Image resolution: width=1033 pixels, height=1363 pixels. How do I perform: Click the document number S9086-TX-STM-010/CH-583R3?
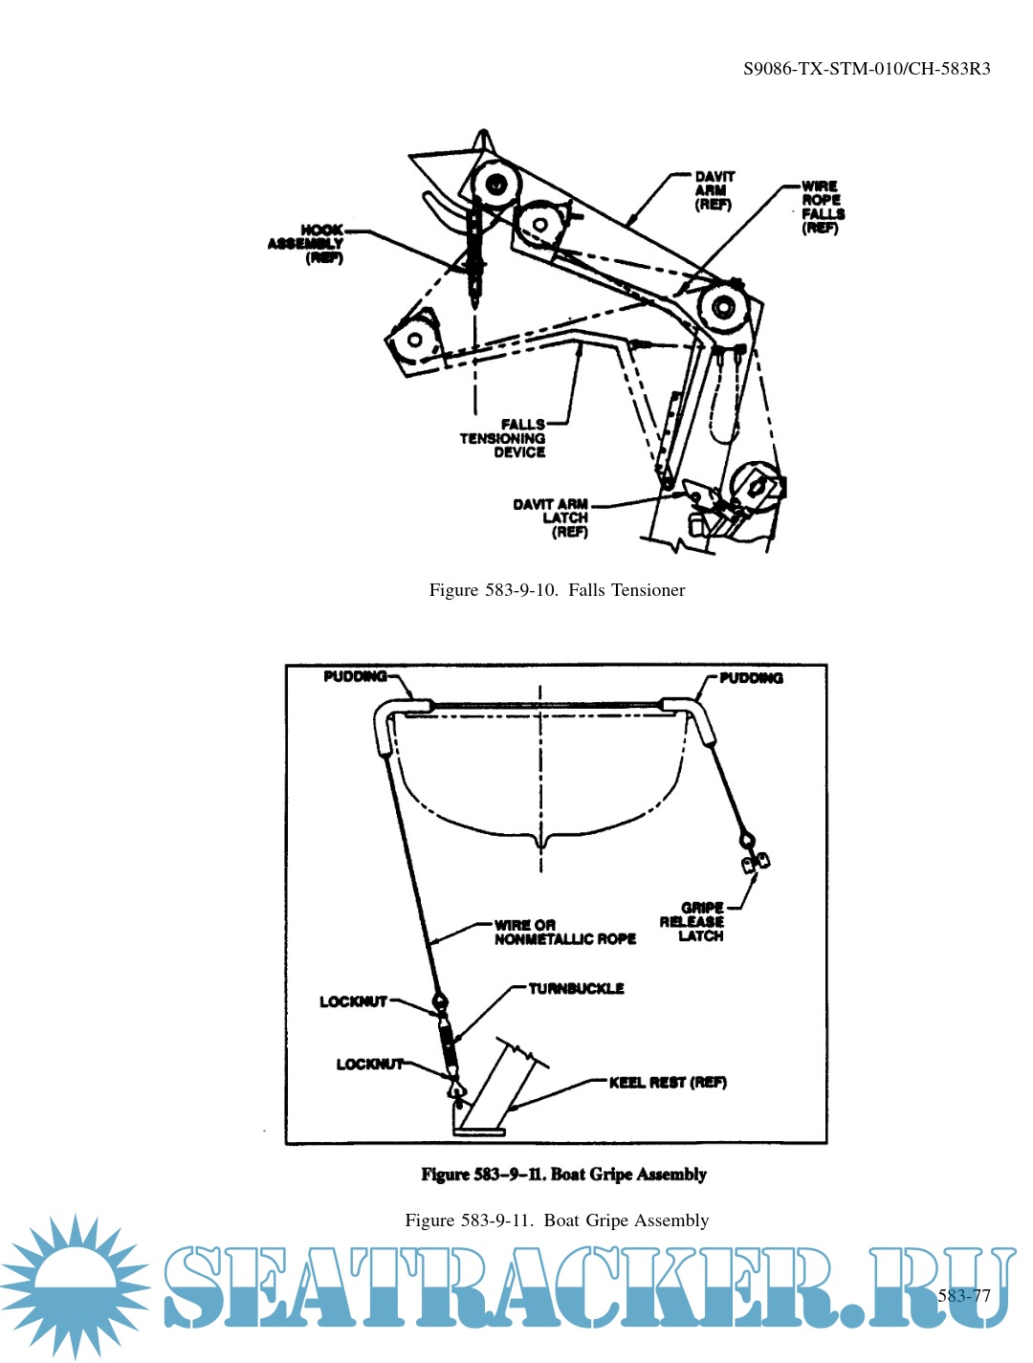pyautogui.click(x=867, y=69)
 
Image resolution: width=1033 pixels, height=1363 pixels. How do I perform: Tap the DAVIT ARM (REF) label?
pyautogui.click(x=714, y=190)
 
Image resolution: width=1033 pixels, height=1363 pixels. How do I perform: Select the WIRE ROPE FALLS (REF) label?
pyautogui.click(x=823, y=207)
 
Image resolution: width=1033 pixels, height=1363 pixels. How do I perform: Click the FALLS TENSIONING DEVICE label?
pyautogui.click(x=503, y=438)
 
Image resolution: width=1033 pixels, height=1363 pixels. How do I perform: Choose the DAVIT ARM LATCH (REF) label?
pyautogui.click(x=552, y=517)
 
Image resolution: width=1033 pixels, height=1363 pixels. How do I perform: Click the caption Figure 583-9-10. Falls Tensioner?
pyautogui.click(x=557, y=590)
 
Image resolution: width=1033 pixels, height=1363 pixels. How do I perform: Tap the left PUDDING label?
pyautogui.click(x=355, y=676)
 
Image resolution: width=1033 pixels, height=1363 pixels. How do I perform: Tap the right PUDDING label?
pyautogui.click(x=751, y=678)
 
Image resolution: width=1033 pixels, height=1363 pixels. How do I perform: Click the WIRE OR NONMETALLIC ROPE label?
pyautogui.click(x=564, y=933)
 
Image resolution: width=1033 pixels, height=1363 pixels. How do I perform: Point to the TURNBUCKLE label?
pyautogui.click(x=576, y=988)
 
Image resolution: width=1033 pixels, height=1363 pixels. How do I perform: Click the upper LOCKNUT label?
pyautogui.click(x=353, y=1001)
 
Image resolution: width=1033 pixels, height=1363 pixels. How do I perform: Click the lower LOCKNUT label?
pyautogui.click(x=369, y=1064)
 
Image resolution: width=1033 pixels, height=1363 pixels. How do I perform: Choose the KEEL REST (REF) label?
pyautogui.click(x=668, y=1083)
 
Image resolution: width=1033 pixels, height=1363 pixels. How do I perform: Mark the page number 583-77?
pyautogui.click(x=964, y=1296)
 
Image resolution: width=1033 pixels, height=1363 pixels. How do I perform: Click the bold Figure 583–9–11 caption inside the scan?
pyautogui.click(x=563, y=1175)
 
